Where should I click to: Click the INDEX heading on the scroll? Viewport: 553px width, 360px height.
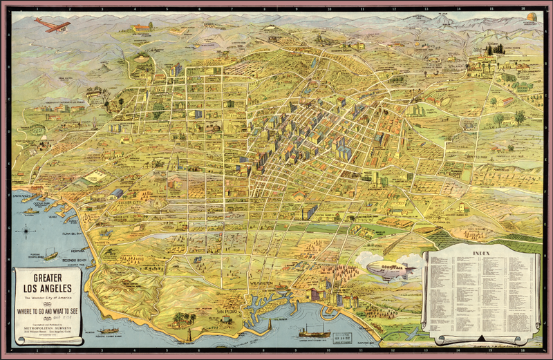482,254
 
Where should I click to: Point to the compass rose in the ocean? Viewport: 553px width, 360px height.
26,230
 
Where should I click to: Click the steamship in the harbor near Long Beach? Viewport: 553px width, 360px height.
315,332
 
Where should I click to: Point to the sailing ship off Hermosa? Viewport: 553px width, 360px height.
50,253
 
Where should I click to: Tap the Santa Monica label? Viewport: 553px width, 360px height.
24,196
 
